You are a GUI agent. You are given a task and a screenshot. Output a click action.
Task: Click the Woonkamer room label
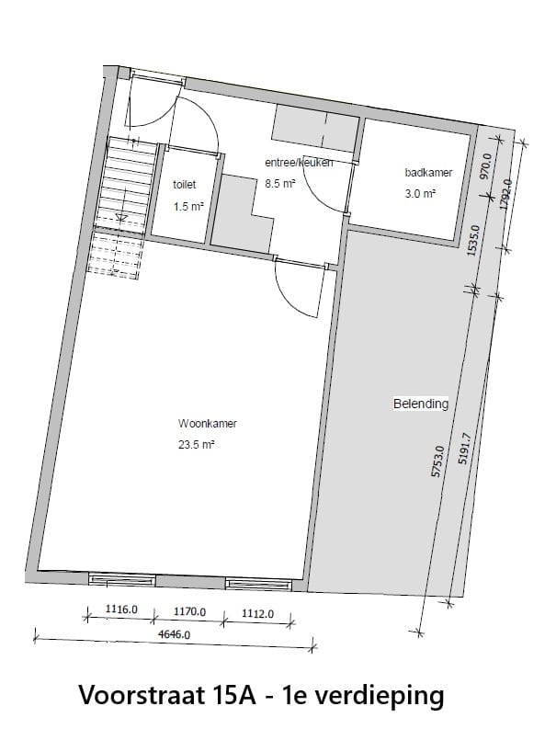coord(208,424)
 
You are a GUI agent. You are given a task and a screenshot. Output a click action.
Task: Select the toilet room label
coord(185,185)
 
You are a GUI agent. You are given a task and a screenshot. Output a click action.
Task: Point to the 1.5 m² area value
coord(187,207)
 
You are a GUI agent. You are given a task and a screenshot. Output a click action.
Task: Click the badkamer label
coord(428,172)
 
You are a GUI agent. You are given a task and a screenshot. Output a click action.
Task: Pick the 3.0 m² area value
coord(420,194)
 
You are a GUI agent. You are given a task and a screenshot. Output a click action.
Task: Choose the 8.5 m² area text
coord(280,184)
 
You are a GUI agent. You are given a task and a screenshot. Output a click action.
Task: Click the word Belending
coord(421,404)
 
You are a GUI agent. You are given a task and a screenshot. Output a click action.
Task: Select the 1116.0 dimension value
coord(121,609)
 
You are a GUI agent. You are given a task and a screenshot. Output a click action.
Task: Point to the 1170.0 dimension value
coord(189,611)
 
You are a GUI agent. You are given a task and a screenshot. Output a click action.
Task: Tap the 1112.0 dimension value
coord(257,613)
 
